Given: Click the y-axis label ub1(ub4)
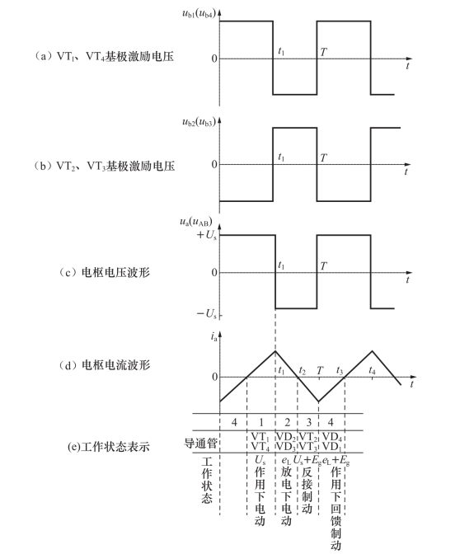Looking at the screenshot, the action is pyautogui.click(x=199, y=14).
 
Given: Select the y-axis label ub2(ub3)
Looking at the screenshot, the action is pyautogui.click(x=199, y=122).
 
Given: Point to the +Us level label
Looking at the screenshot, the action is pyautogui.click(x=207, y=235).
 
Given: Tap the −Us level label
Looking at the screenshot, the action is pyautogui.click(x=207, y=313).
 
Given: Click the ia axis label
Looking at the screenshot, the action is pyautogui.click(x=214, y=336).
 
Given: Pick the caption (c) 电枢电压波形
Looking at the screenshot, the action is pyautogui.click(x=105, y=272).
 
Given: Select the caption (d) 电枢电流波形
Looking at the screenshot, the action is pyautogui.click(x=105, y=364).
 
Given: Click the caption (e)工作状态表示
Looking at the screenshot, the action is pyautogui.click(x=109, y=447).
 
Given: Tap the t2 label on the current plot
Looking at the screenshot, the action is pyautogui.click(x=302, y=370).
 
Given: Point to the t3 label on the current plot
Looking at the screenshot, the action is pyautogui.click(x=340, y=370).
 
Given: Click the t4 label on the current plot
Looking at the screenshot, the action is pyautogui.click(x=372, y=370).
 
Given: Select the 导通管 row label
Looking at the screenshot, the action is pyautogui.click(x=200, y=443).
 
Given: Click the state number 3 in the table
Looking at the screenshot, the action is pyautogui.click(x=308, y=422).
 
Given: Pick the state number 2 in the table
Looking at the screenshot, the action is pyautogui.click(x=287, y=422).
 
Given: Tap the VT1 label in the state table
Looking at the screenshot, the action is pyautogui.click(x=260, y=437).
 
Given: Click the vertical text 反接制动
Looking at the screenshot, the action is pyautogui.click(x=307, y=491).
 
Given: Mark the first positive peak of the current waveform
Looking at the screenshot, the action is pyautogui.click(x=275, y=351).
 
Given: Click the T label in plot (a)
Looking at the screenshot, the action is pyautogui.click(x=323, y=52).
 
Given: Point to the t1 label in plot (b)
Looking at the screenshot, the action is pyautogui.click(x=281, y=157).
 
